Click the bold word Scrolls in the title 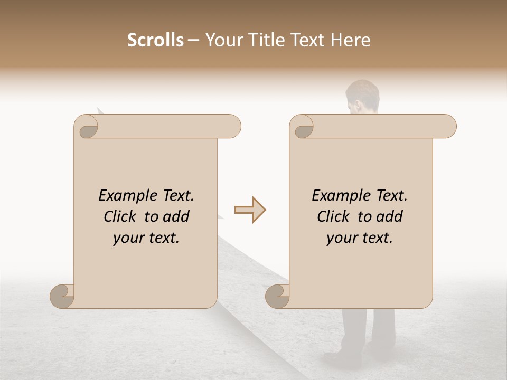156,40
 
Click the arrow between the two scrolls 250,210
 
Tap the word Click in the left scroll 121,216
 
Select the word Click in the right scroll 335,216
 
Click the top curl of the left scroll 87,127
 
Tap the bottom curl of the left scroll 62,296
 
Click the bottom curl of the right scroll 278,296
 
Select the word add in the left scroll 177,216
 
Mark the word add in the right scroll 390,216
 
